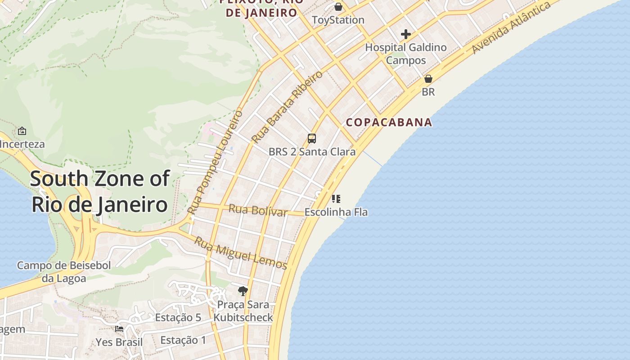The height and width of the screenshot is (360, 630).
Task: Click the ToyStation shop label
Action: coord(338,20)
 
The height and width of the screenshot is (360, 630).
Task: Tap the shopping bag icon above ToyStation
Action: coord(338,7)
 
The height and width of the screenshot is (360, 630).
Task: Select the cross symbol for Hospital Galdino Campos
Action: coord(406,34)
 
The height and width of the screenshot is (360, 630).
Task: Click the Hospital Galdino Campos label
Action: coord(406,54)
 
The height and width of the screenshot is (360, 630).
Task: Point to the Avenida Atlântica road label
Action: coord(511,28)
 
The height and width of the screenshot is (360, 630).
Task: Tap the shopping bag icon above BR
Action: coord(428,79)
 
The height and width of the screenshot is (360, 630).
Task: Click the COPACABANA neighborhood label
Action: coord(389,122)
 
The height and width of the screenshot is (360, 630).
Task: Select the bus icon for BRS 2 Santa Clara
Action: coord(312,138)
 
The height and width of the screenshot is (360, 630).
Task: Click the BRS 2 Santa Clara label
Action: coord(312,152)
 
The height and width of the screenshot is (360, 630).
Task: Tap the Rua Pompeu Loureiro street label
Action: coord(215,162)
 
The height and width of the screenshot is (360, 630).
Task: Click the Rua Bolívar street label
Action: coord(258,210)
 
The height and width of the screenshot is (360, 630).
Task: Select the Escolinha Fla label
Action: coord(336,212)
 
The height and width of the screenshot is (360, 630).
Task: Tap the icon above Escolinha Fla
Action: coord(336,198)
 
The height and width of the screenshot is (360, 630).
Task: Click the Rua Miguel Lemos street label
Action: coord(240,253)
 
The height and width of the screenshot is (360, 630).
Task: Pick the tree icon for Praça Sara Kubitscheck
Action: coord(243,291)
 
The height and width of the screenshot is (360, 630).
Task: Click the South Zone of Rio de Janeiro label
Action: coord(100,192)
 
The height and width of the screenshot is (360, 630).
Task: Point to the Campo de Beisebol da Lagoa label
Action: coord(64,272)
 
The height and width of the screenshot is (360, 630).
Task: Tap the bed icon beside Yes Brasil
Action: coord(119,329)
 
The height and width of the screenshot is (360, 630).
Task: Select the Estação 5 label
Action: coord(178,318)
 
